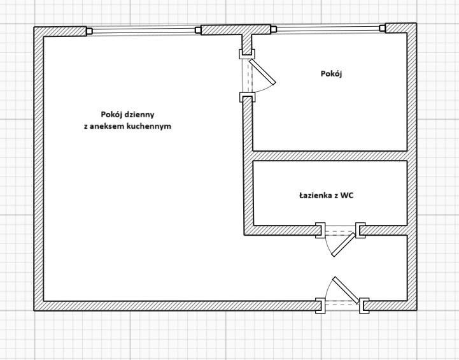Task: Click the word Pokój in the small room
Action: (332, 73)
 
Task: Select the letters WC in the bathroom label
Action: (348, 196)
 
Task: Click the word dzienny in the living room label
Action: (139, 115)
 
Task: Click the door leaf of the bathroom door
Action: (343, 245)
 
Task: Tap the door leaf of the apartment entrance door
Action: (346, 290)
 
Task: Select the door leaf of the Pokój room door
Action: (262, 72)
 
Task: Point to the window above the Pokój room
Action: (328, 29)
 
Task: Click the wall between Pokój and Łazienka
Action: (330, 156)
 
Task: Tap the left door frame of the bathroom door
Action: (320, 230)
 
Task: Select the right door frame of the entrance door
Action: (364, 306)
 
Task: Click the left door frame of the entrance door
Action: (320, 306)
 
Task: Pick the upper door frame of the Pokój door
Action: (247, 54)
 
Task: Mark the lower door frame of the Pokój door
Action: (247, 97)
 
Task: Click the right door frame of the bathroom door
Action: (360, 230)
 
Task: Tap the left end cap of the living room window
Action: (89, 31)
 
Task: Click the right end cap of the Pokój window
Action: (382, 28)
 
